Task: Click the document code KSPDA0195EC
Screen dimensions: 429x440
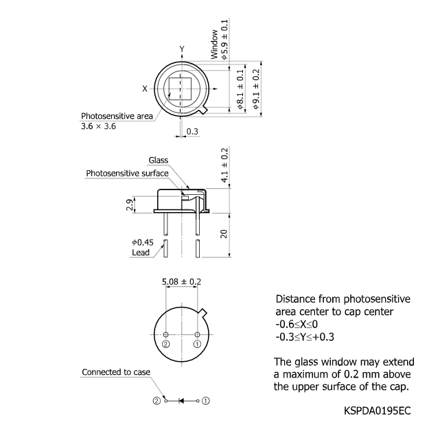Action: (x=378, y=410)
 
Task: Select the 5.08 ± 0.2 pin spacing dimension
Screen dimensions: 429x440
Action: (x=181, y=281)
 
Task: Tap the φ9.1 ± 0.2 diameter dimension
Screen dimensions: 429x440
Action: (x=257, y=89)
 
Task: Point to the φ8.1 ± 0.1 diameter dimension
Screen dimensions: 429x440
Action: (x=240, y=89)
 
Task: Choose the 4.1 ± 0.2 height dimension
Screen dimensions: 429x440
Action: (x=224, y=165)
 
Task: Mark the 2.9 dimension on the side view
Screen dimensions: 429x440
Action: (x=130, y=204)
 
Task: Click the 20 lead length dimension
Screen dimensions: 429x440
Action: (x=224, y=233)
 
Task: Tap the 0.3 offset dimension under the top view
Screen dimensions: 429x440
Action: (x=192, y=131)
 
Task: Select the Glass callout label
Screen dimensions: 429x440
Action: (x=158, y=161)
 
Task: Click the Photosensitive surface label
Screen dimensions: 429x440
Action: (x=127, y=174)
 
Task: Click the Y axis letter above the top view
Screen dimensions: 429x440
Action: (x=182, y=49)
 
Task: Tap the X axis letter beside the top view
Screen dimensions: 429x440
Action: (x=145, y=89)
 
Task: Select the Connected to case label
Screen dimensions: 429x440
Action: (x=116, y=372)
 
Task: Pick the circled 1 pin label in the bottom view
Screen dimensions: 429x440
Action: (x=197, y=344)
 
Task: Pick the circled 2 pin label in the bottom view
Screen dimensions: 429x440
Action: (x=165, y=344)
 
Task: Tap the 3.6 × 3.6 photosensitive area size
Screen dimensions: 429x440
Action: (x=99, y=127)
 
